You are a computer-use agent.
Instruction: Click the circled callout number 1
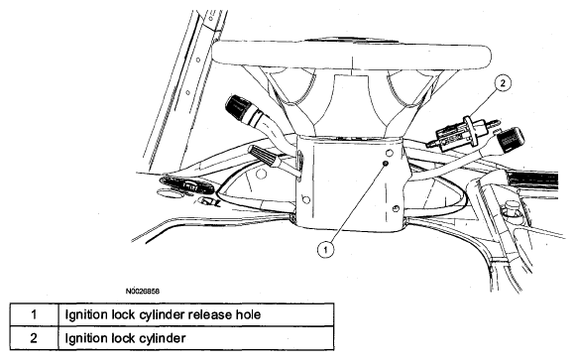325,250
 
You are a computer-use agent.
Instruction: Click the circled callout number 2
503,83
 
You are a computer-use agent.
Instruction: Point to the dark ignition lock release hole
386,163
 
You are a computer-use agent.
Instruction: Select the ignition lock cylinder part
462,133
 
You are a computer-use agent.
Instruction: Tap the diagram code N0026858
143,292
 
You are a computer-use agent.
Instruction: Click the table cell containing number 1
34,314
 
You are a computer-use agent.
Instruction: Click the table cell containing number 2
34,337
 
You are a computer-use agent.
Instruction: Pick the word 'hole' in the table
248,314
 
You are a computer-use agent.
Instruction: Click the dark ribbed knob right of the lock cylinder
511,139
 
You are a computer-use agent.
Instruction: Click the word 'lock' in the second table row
123,337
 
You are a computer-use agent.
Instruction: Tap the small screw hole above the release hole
389,152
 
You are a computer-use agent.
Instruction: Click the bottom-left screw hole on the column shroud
305,200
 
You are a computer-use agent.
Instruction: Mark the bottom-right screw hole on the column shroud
396,209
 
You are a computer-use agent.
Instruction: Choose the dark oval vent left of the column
187,185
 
